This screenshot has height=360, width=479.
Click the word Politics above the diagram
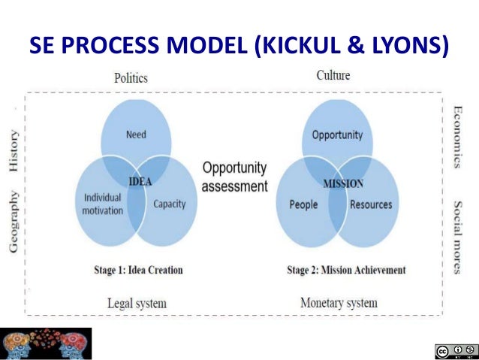tap(131, 77)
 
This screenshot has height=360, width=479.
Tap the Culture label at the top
tap(333, 75)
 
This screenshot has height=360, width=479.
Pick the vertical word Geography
tap(14, 221)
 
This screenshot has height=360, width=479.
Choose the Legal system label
tap(135, 303)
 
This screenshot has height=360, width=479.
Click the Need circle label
tap(136, 135)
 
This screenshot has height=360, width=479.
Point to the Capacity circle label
tap(169, 204)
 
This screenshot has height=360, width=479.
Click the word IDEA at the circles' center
tap(140, 181)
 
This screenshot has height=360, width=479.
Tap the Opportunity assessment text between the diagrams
tap(234, 177)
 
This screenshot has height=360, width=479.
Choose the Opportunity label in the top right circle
tap(337, 135)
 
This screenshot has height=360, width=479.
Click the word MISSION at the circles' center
tap(343, 183)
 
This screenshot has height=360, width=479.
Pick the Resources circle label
tap(370, 204)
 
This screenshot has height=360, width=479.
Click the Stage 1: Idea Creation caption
tap(141, 270)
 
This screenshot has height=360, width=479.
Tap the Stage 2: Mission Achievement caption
tap(346, 270)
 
